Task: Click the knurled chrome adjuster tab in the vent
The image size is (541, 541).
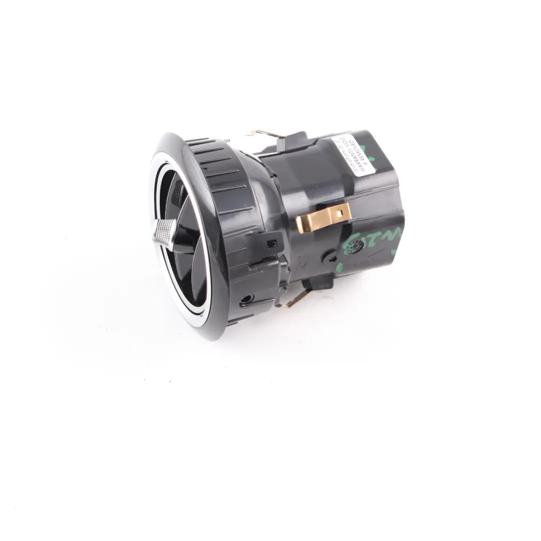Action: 165,232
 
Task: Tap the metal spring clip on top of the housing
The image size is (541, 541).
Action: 263,134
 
